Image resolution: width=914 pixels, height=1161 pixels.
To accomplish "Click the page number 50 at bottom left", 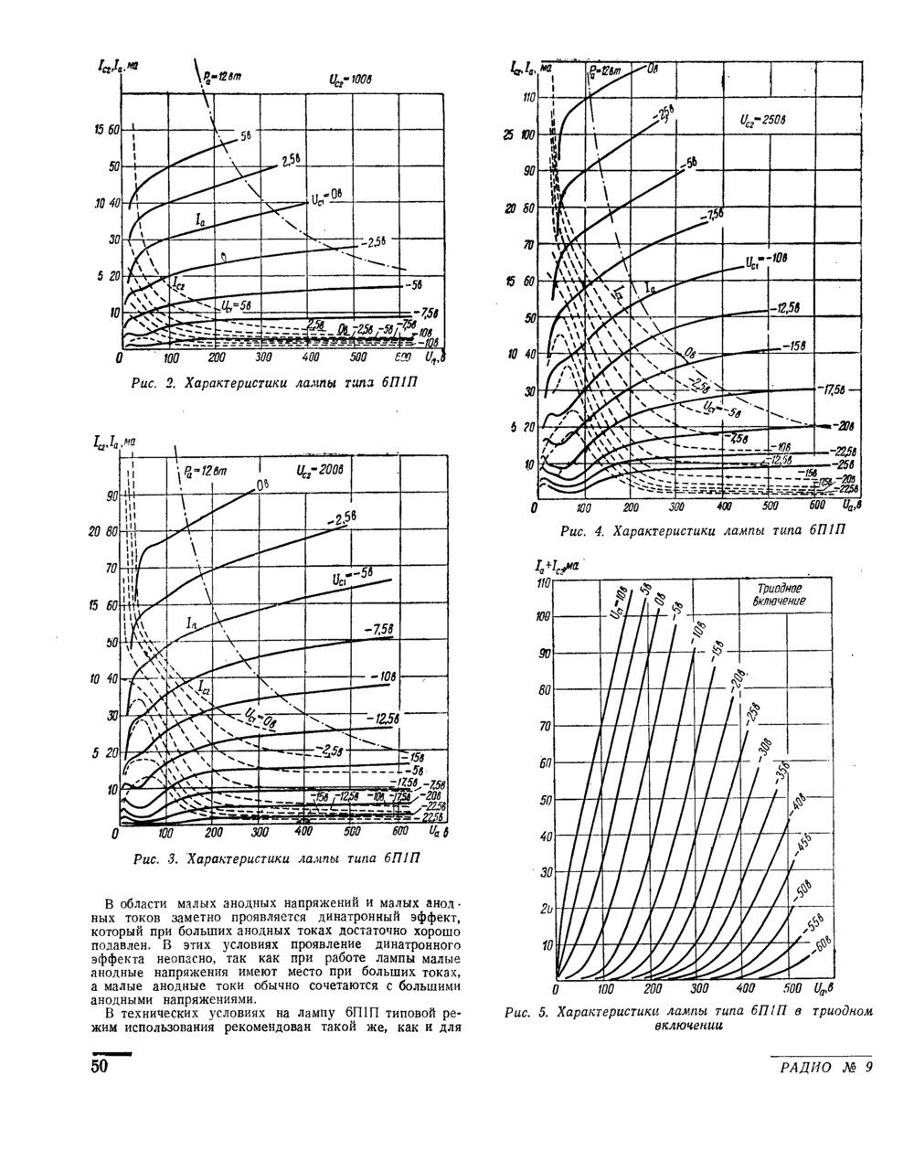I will click(99, 1067).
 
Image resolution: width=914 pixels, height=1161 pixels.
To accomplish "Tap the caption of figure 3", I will click(277, 858).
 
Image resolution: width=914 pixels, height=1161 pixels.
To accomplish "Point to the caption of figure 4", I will click(704, 531).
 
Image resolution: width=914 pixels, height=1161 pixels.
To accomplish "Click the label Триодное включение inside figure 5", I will click(780, 596).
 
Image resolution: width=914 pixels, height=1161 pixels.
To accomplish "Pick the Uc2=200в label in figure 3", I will click(318, 472).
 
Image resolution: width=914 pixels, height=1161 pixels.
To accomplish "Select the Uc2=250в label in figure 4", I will click(762, 119).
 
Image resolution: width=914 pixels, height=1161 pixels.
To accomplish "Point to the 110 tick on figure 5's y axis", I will click(547, 583).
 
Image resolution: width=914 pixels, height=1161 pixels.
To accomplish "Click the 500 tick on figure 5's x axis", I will click(792, 989).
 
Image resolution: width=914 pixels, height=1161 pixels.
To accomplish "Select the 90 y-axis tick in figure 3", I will click(112, 495).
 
